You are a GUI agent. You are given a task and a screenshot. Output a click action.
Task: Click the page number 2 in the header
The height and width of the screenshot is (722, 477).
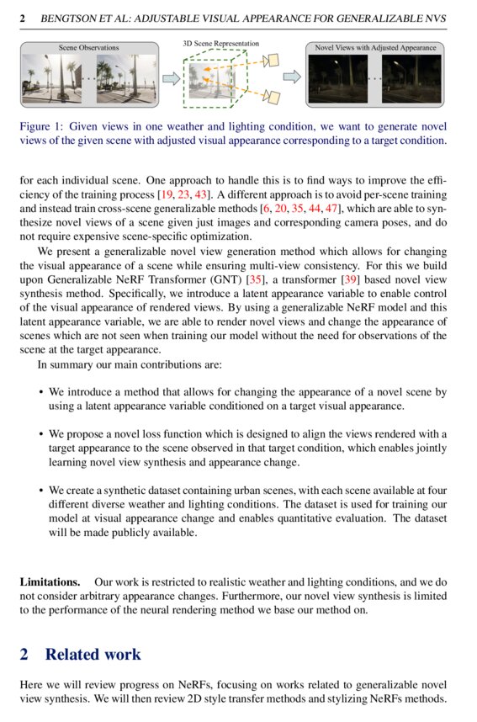click(x=23, y=18)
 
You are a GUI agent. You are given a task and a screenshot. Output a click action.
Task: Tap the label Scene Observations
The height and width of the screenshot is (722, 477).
click(x=88, y=48)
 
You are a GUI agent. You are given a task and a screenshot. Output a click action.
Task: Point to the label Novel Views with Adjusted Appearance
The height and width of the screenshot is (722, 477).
click(x=375, y=48)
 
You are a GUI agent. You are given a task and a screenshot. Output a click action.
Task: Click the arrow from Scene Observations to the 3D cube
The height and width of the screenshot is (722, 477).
click(x=171, y=77)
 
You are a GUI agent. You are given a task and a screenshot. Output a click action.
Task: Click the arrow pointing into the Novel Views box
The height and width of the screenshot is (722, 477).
click(x=291, y=77)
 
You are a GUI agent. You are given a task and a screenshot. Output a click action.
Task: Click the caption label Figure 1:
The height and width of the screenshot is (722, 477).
click(x=41, y=127)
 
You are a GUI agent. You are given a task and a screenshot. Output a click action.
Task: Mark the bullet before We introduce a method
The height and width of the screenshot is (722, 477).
click(x=41, y=392)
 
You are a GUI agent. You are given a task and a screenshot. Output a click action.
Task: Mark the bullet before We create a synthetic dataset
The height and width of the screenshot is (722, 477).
click(x=41, y=490)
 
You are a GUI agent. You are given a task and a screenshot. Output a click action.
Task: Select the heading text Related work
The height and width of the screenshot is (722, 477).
click(x=93, y=654)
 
